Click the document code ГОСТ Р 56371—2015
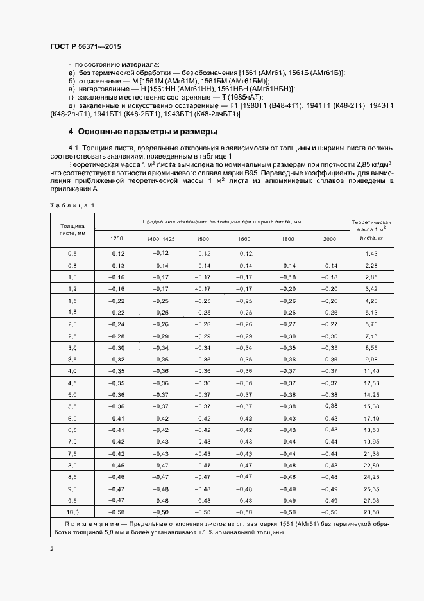pos(85,48)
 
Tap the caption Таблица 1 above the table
pos(71,205)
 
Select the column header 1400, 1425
pos(160,239)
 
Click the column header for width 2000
pos(329,239)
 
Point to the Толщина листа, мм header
pos(72,230)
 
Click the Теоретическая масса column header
pos(372,229)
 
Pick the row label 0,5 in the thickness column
pos(72,254)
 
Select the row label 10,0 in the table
pos(72,512)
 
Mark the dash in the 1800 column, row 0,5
pos(287,254)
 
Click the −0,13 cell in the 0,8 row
pos(117,266)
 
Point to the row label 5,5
pos(72,406)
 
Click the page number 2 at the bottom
pos(52,549)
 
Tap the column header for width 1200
pos(117,239)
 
